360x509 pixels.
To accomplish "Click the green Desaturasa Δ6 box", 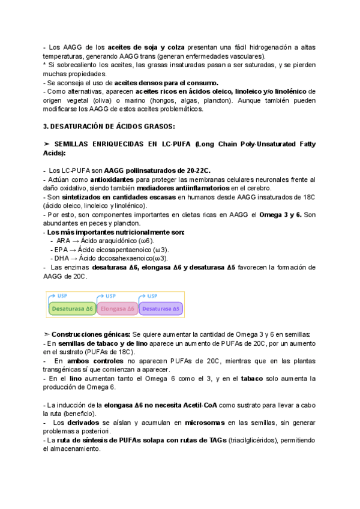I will (x=71, y=309).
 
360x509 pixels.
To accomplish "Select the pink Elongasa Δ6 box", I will (x=117, y=309).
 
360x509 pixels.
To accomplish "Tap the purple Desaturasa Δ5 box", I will (x=161, y=309).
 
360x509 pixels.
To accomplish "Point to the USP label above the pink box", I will (x=110, y=296).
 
